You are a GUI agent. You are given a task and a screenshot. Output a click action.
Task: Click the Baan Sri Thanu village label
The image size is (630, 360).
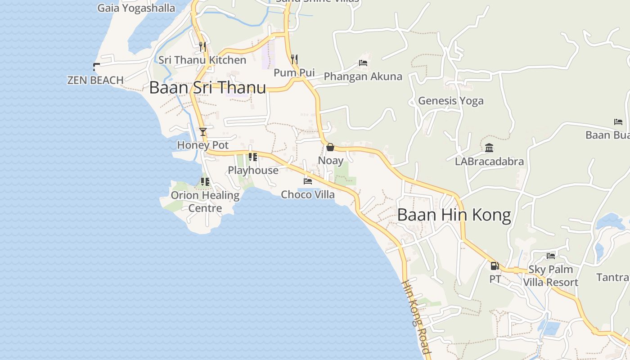point(207,88)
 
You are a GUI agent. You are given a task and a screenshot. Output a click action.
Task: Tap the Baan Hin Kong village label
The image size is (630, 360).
point(454,216)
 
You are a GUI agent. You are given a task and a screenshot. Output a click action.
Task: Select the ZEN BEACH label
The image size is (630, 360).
point(95,80)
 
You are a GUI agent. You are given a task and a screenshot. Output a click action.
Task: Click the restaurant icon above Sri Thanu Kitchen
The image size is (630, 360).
point(202,46)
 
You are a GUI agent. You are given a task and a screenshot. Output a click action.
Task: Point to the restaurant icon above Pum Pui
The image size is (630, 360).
point(294,59)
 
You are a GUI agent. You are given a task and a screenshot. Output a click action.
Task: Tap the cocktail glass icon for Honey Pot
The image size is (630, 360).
point(203,131)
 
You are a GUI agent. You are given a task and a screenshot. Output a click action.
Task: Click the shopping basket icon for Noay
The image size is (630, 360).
point(330,147)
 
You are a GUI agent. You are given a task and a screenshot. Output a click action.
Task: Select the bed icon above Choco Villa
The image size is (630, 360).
point(308,181)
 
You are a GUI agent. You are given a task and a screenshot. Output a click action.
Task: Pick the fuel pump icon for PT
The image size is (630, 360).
point(495,266)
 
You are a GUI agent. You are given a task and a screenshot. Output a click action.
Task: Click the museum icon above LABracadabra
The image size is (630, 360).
point(489,148)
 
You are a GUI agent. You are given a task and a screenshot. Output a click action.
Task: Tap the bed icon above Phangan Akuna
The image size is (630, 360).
point(363,63)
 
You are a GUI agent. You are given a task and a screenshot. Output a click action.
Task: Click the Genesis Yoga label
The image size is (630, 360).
point(451,101)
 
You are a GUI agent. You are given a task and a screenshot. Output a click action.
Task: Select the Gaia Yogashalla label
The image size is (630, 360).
point(136,8)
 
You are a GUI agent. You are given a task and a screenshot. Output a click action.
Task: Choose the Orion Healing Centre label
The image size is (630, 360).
point(205,202)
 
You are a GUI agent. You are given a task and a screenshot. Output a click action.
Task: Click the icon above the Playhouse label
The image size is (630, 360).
point(253,157)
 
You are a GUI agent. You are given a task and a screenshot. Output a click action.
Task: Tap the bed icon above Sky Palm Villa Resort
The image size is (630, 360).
point(551,256)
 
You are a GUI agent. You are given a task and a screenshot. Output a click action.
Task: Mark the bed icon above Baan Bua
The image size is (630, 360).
point(618,122)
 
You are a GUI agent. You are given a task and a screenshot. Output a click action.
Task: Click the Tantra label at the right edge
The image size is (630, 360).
point(613,277)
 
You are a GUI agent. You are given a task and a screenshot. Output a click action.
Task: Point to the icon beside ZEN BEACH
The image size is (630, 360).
point(96,67)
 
